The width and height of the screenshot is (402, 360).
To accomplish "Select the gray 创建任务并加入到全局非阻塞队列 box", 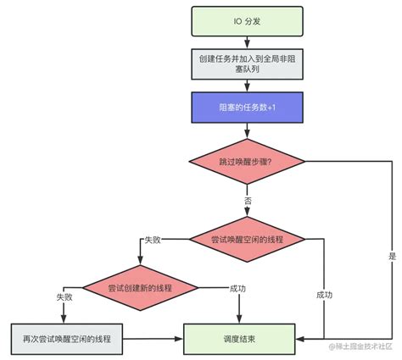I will (245, 64).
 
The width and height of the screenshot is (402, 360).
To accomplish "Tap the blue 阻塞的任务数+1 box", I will (245, 107).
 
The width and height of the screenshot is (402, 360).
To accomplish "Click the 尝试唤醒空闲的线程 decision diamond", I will (245, 240).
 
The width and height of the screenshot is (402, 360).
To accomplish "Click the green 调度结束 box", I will (245, 338).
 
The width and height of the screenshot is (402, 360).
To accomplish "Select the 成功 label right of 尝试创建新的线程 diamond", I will (238, 288).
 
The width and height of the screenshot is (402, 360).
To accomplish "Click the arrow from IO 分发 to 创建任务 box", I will (245, 42).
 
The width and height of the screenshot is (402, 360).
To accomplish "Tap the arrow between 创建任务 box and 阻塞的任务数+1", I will (245, 85).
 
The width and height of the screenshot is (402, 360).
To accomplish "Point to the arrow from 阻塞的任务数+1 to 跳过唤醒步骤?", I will (245, 129).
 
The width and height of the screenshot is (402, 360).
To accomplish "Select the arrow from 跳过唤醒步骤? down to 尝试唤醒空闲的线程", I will (245, 210).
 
